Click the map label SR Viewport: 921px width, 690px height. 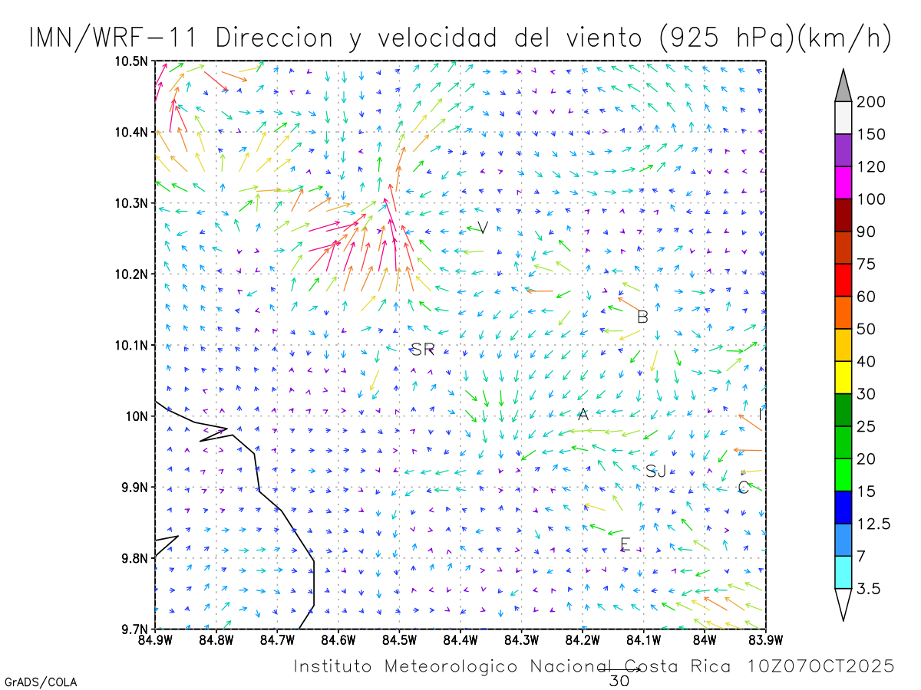[423, 350]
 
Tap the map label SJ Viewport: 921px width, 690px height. [655, 472]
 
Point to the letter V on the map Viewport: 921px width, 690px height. [483, 228]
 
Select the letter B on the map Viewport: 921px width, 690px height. [642, 317]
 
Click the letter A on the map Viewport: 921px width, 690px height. [583, 415]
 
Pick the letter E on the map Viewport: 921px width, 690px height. [625, 545]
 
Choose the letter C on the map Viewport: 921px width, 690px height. [743, 488]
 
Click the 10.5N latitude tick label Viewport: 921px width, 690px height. [132, 61]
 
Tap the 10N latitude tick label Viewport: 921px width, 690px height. [137, 416]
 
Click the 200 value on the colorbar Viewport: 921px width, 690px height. [872, 102]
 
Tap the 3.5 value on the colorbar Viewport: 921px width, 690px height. [870, 589]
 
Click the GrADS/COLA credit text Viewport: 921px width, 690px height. [41, 682]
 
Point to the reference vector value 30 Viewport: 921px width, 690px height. [619, 680]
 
